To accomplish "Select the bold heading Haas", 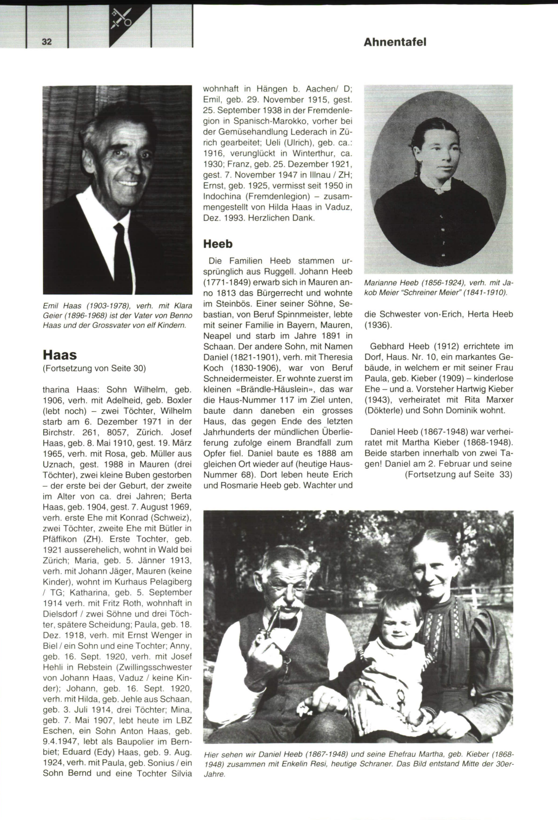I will [60, 355].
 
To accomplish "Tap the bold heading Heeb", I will [218, 243].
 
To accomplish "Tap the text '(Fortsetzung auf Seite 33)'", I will [458, 474].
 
